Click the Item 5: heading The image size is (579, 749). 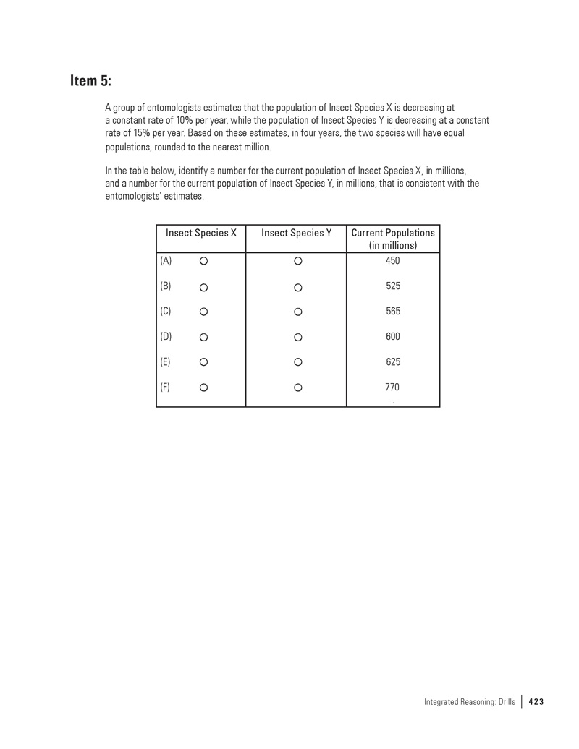[90, 80]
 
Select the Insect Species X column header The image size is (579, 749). [201, 233]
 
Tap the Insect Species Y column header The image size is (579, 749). [296, 233]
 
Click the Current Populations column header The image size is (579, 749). [393, 239]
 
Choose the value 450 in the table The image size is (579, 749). [393, 260]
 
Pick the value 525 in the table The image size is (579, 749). [393, 286]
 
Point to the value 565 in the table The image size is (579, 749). [393, 311]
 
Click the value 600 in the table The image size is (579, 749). [393, 336]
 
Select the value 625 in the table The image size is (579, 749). [393, 361]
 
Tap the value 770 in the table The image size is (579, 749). [393, 387]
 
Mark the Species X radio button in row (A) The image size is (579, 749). [204, 260]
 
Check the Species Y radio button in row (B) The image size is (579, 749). [297, 288]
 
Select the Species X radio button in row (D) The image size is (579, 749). [204, 337]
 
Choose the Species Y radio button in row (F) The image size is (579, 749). [297, 388]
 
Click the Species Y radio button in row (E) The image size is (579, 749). [297, 362]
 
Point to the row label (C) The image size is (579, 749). [166, 312]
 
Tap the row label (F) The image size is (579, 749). [166, 387]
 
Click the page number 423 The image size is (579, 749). [536, 701]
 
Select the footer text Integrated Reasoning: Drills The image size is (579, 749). [469, 701]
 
